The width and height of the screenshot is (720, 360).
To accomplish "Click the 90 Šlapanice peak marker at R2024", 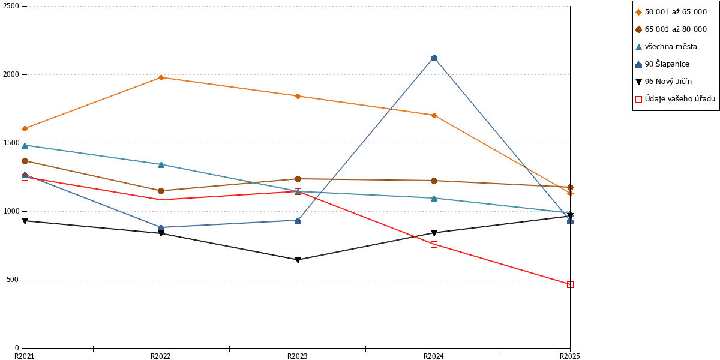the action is click(x=434, y=58).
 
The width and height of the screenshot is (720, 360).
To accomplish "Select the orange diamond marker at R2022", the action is click(x=161, y=77).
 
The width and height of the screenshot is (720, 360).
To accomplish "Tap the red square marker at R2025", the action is click(x=570, y=285).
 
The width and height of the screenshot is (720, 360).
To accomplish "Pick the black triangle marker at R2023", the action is click(x=298, y=260).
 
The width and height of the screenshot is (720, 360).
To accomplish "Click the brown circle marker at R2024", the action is click(x=434, y=181).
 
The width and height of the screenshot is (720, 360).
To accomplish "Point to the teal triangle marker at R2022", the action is click(x=161, y=165).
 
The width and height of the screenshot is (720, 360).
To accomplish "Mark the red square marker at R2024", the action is click(x=434, y=245).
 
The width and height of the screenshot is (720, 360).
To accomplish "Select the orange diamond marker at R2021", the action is click(x=25, y=128).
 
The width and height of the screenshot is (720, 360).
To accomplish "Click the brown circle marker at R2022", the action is click(x=161, y=191).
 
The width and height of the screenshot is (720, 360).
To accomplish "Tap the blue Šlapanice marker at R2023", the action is click(x=298, y=221).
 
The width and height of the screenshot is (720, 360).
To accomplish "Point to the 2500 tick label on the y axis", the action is click(x=11, y=6).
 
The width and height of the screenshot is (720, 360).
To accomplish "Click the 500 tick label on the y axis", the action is click(x=13, y=280).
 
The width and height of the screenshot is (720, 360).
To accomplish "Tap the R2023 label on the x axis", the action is click(x=298, y=356).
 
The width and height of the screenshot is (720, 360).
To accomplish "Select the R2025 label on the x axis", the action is click(x=570, y=356).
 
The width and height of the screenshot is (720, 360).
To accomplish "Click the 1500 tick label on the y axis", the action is click(x=11, y=143).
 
